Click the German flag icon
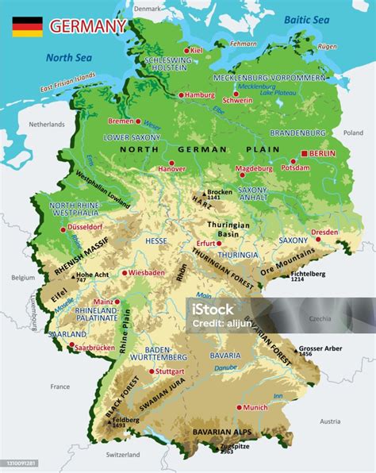[x=26, y=26]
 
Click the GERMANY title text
[x=87, y=26]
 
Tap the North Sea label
[x=70, y=57]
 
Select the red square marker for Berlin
[x=305, y=153]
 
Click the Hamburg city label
[x=199, y=95]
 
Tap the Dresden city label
[x=324, y=232]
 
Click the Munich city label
[x=255, y=407]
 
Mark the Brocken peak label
[x=220, y=192]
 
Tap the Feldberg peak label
[x=121, y=419]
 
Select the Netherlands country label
[x=46, y=125]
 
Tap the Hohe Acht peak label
[x=92, y=274]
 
